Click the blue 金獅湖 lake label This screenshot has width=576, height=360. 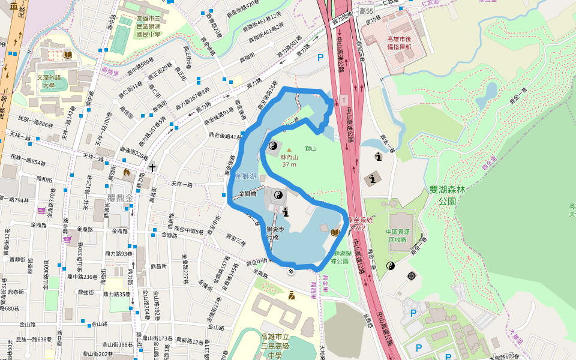pos(246,176)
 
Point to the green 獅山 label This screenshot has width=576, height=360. pos(311,148)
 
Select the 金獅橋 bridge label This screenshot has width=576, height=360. pos(248,194)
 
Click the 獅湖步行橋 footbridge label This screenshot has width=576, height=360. pos(275,232)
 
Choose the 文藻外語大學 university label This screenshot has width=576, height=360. pos(49,81)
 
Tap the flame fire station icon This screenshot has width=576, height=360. pos(126,173)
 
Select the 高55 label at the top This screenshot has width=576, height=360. pos(366,11)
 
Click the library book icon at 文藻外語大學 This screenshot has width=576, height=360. pos(68,55)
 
